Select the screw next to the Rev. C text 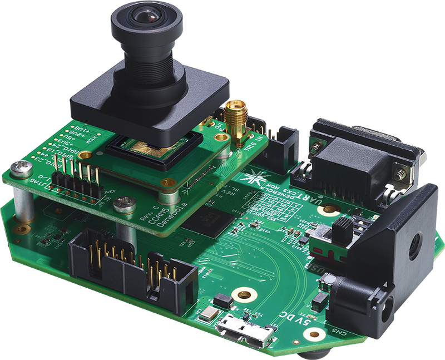tap(124, 205)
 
